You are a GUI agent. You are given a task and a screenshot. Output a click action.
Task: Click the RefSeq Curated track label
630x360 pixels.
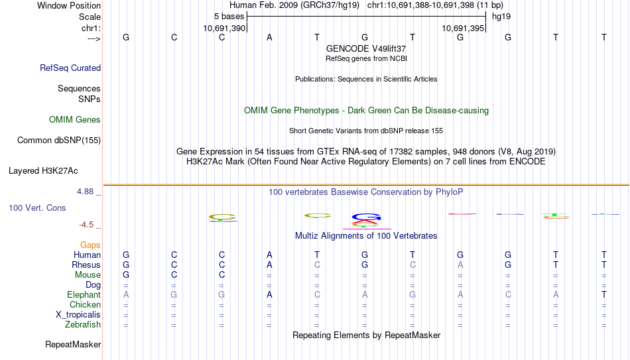click(70, 68)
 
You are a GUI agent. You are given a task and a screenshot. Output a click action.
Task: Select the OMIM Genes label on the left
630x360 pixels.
click(75, 120)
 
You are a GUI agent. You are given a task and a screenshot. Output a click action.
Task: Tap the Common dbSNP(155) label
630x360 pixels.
click(59, 141)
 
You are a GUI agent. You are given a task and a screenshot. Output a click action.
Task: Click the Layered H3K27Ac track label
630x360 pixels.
click(43, 171)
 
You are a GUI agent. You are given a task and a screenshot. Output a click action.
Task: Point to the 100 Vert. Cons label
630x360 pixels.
click(37, 208)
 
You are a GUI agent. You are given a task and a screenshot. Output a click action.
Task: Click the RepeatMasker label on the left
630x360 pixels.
click(73, 344)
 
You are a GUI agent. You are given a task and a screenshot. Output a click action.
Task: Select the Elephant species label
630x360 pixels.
click(84, 294)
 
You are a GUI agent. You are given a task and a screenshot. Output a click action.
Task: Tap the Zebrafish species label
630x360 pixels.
click(83, 324)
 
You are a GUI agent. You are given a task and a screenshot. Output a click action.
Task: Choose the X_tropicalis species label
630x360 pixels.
click(78, 315)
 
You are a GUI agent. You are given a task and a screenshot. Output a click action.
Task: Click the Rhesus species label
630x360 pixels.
click(86, 265)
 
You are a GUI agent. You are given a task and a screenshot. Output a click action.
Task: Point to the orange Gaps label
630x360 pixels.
click(90, 245)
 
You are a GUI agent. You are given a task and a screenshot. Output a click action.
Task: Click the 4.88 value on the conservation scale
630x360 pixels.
click(85, 192)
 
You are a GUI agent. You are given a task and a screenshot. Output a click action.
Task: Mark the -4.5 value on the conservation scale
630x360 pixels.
click(86, 225)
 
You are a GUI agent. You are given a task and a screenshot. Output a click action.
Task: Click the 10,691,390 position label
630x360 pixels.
click(224, 28)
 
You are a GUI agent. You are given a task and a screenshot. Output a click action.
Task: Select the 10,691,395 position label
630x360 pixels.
click(463, 28)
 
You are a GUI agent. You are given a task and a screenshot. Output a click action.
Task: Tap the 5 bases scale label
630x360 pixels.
click(229, 17)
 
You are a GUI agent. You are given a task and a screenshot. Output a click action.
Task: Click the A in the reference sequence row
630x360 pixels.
click(269, 37)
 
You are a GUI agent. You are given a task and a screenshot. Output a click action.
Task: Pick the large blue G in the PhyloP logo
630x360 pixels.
click(366, 217)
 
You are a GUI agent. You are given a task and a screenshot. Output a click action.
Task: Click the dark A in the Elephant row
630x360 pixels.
click(269, 294)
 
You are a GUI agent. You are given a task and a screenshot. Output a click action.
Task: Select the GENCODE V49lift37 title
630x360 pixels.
click(366, 48)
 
